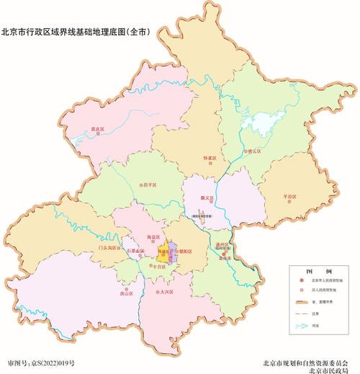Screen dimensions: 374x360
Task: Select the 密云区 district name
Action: pos(253,152)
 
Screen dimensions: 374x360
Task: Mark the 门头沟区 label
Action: pos(108,247)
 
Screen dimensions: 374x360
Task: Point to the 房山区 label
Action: pos(127,293)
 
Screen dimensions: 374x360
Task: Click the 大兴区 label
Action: pos(167,293)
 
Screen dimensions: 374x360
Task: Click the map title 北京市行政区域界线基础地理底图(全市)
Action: pos(75,31)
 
